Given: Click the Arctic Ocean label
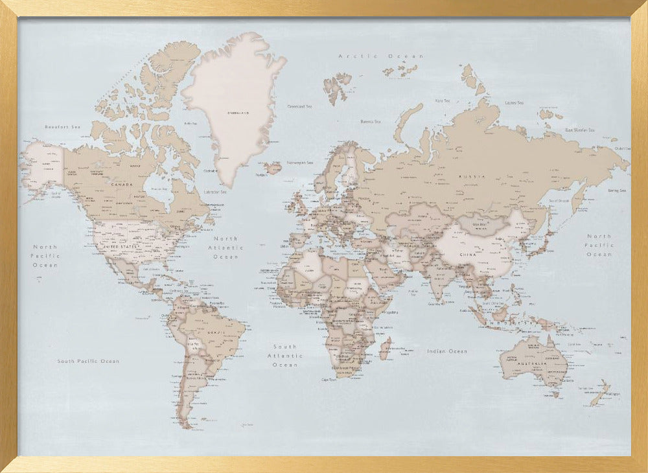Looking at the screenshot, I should (380, 56).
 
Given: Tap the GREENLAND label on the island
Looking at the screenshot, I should (237, 113).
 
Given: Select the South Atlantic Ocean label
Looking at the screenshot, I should (284, 356).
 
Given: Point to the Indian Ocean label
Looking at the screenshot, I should (446, 351).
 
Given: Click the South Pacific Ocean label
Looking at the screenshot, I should (88, 361).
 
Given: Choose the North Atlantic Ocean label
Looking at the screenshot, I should (226, 248).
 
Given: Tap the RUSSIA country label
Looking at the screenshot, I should (468, 176).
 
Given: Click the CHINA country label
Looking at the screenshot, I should (467, 255).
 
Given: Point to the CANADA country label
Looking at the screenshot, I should (122, 185).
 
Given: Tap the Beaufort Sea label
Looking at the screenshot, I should (62, 126).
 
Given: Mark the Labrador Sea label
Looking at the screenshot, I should (215, 192).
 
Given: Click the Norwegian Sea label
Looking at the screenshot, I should (300, 163).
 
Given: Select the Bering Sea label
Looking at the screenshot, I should (617, 190).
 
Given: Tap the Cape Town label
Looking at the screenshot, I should (329, 380).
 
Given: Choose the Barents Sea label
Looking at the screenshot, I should (370, 121).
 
